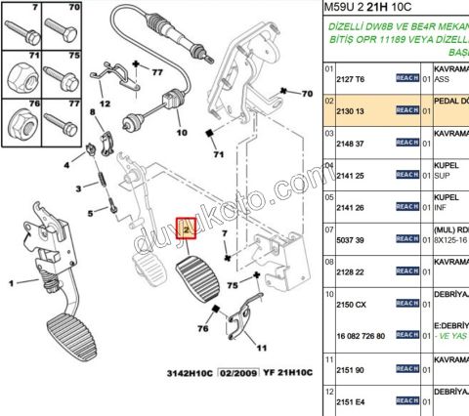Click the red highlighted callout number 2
tap(186, 229)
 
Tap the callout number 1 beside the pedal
tap(12, 282)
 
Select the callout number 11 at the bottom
tap(261, 347)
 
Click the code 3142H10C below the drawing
tap(186, 372)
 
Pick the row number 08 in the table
tap(329, 261)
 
